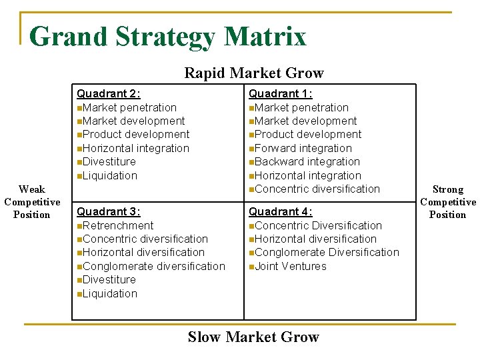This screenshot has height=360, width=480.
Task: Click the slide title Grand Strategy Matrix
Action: point(167,36)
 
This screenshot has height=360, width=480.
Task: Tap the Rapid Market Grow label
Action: point(253,73)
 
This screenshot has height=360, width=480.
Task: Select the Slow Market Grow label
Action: point(253,337)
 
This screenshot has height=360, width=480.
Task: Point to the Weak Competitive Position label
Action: point(32,202)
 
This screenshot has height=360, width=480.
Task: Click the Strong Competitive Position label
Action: point(447,202)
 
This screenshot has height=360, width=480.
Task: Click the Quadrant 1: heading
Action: point(280,94)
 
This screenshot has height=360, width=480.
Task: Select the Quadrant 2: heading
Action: point(108,94)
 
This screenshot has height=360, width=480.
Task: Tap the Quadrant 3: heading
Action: point(108,211)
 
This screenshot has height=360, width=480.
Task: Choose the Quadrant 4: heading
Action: point(280,211)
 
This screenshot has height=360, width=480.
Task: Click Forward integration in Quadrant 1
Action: point(303,148)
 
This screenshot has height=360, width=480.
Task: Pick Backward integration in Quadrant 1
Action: point(307,161)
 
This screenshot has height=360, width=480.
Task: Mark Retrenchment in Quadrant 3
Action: point(117,225)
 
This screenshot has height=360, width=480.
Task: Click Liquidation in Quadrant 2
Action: point(109,175)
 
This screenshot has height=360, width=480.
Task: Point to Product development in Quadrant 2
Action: point(135,134)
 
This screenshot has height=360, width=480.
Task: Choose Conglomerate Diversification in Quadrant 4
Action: point(327,252)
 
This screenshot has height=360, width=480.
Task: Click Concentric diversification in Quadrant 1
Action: point(317,189)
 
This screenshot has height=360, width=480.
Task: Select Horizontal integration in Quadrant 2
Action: point(135,148)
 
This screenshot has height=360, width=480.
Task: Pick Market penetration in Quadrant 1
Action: point(301,107)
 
